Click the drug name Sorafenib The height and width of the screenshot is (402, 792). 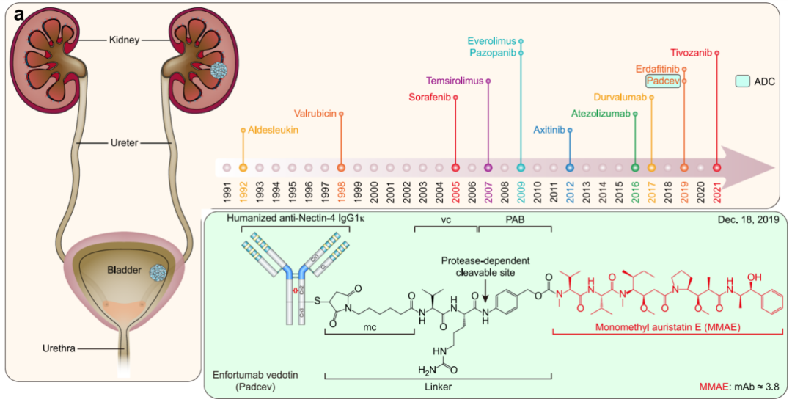click(x=432, y=97)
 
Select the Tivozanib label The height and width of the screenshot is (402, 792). click(x=692, y=52)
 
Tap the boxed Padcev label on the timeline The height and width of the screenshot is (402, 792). click(x=663, y=81)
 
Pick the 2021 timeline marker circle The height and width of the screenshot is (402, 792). click(x=716, y=167)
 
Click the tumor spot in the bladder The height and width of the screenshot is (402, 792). click(x=157, y=271)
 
